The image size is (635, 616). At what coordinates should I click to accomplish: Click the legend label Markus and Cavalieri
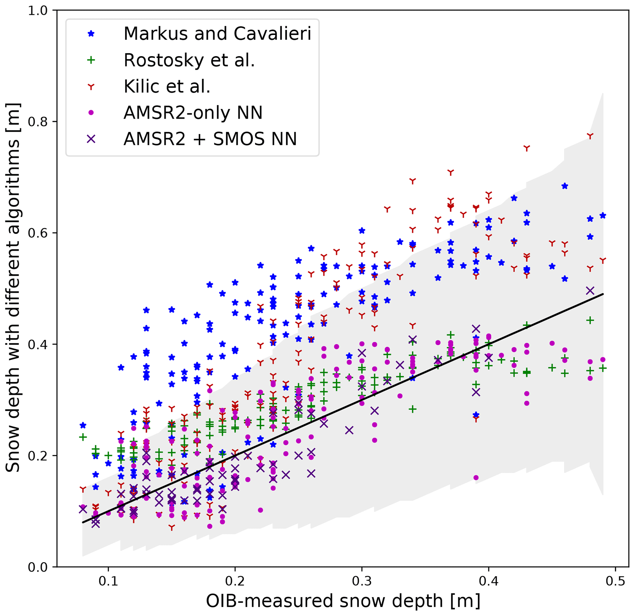click(x=217, y=33)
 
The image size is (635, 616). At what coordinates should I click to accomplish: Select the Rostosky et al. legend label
click(x=189, y=60)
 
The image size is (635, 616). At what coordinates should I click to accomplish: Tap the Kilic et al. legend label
click(x=167, y=87)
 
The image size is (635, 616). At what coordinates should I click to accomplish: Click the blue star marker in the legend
click(x=91, y=33)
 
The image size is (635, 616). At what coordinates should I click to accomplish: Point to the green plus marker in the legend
click(x=91, y=60)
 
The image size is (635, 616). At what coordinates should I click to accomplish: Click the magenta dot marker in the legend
click(x=91, y=113)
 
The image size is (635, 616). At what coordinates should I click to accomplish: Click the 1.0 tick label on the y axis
click(x=38, y=11)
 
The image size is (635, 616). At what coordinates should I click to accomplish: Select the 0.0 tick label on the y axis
click(x=38, y=567)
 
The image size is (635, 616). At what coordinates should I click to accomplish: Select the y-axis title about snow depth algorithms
click(x=13, y=288)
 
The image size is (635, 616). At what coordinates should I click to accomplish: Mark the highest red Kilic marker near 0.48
click(x=590, y=136)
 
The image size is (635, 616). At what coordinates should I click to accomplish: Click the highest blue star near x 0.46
click(x=565, y=186)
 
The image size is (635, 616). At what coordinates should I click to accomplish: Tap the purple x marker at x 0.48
click(x=590, y=290)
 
